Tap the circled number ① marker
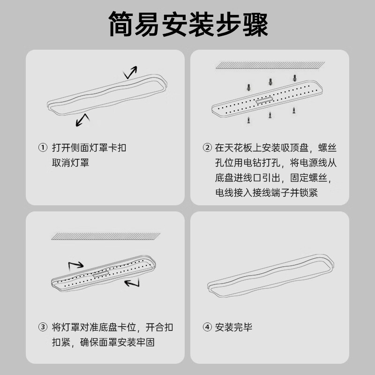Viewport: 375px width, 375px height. [x=43, y=148]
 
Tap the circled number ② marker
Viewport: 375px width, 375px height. [x=207, y=148]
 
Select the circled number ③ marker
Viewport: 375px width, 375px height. [x=43, y=327]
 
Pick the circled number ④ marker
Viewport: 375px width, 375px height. [x=207, y=327]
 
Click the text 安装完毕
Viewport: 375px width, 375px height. [x=234, y=327]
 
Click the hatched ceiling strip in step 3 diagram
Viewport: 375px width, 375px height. [x=105, y=236]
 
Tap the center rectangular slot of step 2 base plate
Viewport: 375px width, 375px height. [x=266, y=99]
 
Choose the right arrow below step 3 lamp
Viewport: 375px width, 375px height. [x=133, y=283]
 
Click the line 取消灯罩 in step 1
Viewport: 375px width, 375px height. [x=70, y=163]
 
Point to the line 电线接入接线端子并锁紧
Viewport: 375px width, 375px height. [x=266, y=193]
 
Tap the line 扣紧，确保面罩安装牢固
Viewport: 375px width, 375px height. [x=103, y=342]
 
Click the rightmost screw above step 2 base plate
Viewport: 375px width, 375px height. [x=295, y=78]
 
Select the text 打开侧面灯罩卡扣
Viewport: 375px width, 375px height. [x=89, y=148]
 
